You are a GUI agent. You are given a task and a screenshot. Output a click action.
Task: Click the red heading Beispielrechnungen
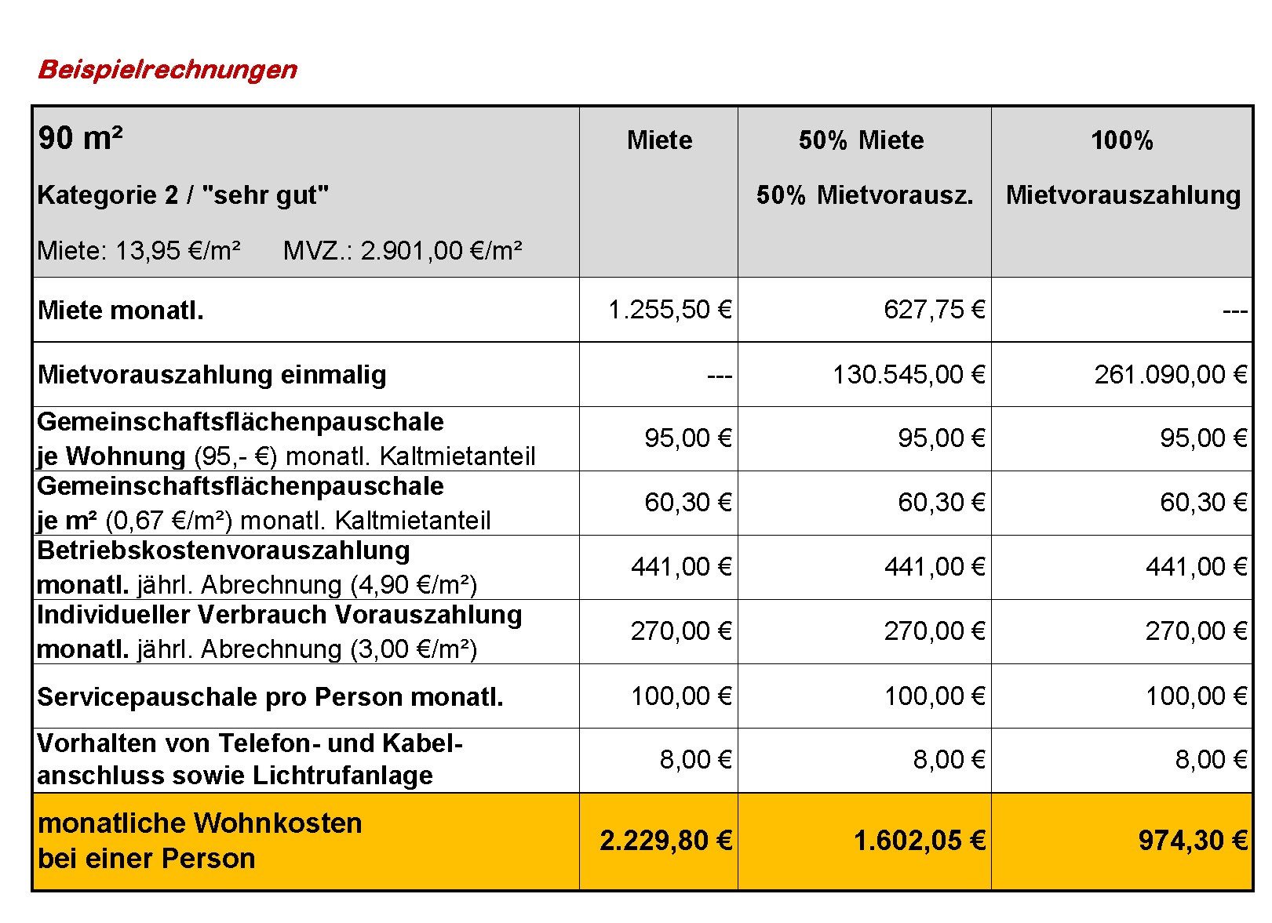point(167,70)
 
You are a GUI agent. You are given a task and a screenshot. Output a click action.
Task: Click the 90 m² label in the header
point(81,138)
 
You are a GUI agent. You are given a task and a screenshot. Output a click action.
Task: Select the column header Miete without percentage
point(659,140)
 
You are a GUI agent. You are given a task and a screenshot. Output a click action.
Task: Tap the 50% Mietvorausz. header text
point(864,194)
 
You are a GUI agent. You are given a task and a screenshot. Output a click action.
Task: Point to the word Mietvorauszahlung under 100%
point(1123,195)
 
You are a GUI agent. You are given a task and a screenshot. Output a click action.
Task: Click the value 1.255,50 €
point(669,310)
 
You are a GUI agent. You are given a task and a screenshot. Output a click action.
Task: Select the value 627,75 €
point(934,310)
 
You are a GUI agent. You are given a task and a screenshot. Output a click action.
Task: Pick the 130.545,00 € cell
point(909,375)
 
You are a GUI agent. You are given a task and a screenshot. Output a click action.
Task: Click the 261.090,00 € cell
point(1170,375)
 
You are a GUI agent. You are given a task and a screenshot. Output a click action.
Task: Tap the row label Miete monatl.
point(120,311)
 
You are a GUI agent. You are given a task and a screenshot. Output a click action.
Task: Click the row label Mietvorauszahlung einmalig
point(212,375)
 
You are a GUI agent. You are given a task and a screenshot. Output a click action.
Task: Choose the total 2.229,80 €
point(665,841)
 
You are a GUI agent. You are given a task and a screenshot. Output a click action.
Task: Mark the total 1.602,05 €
point(920,841)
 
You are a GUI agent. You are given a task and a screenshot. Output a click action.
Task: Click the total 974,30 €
point(1193,841)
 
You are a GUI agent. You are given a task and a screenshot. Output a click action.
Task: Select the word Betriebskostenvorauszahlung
point(223,551)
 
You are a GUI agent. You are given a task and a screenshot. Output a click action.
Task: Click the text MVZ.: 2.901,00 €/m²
point(403,250)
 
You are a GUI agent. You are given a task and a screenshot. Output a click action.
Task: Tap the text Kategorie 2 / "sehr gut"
point(183,195)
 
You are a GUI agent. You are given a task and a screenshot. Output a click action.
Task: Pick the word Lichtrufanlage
point(342,776)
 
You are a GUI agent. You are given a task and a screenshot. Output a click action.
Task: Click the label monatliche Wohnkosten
point(200,823)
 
